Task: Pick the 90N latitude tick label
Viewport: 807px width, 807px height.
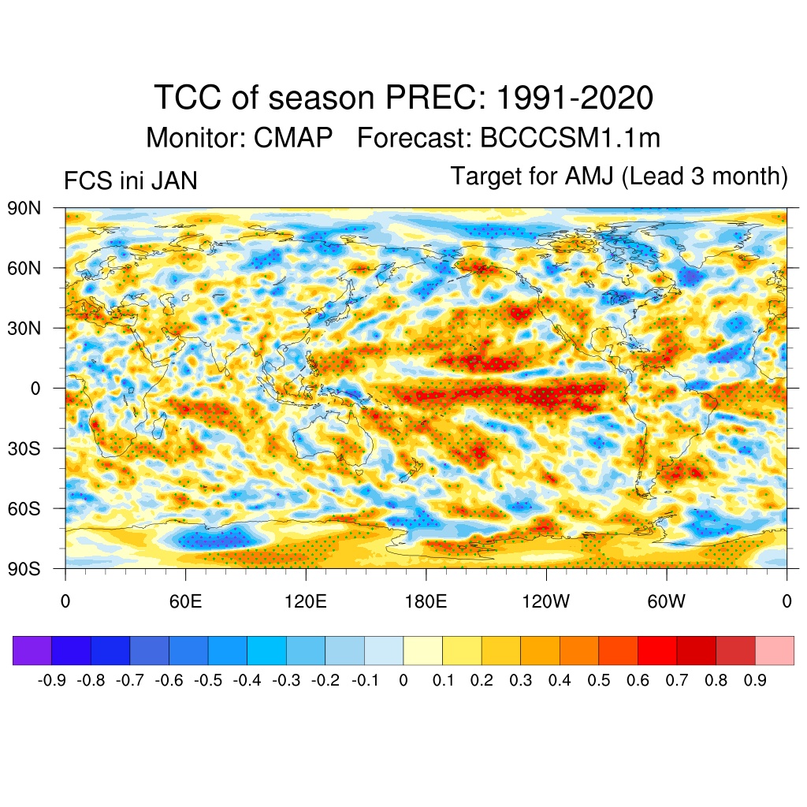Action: click(24, 208)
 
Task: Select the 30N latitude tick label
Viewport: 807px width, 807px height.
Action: click(24, 328)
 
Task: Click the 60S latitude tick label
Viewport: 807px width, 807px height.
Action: click(24, 508)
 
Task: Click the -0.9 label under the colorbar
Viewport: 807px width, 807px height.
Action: click(51, 680)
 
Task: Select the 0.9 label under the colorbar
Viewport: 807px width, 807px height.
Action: click(755, 680)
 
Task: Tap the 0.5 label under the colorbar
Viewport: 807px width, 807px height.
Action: click(599, 680)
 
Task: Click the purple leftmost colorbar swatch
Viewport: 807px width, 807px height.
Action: click(32, 651)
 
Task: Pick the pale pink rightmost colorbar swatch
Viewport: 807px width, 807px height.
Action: click(774, 651)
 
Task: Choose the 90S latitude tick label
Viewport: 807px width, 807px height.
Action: click(24, 568)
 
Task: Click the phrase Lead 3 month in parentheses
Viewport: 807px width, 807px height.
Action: click(705, 177)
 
